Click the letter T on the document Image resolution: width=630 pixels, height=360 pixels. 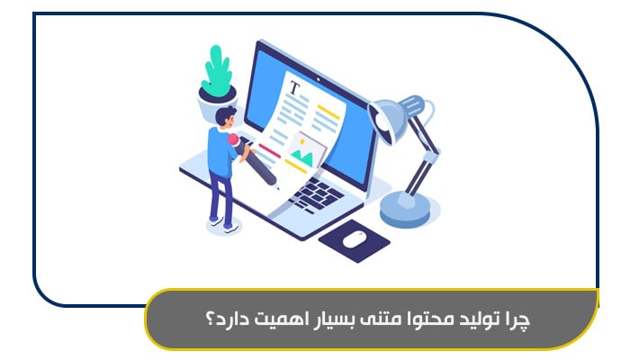pos(293,88)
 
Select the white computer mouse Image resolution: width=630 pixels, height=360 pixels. pos(354,238)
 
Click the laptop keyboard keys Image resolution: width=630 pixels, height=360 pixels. pos(310,193)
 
